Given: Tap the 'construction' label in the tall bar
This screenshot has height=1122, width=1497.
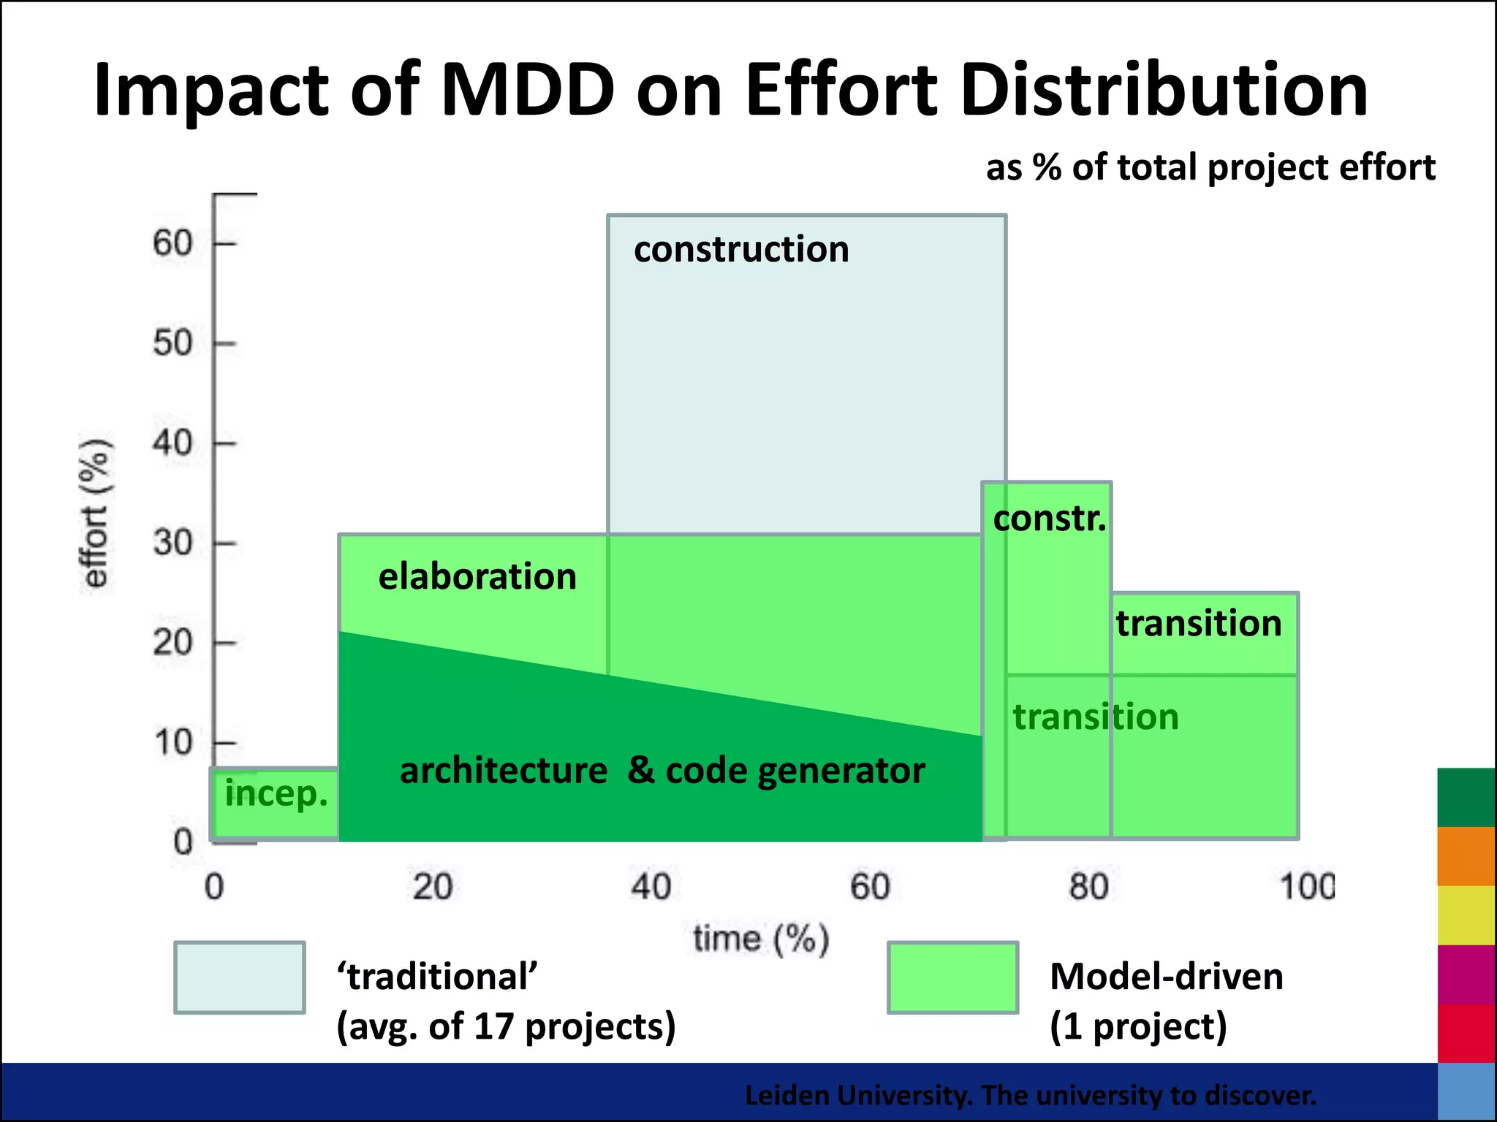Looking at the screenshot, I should [x=741, y=250].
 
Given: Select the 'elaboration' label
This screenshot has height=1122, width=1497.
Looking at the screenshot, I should [x=477, y=577].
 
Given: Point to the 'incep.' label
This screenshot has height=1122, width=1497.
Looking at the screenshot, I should [x=276, y=794].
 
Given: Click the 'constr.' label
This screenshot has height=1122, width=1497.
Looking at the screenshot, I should [x=1049, y=519].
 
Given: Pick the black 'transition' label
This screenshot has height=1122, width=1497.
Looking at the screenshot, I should [x=1199, y=624].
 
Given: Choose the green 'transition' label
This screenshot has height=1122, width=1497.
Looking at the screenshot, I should [x=1096, y=717].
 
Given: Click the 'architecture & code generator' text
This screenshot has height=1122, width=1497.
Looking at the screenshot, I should [x=662, y=771].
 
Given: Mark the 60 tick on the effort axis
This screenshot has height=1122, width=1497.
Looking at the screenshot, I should [x=173, y=243].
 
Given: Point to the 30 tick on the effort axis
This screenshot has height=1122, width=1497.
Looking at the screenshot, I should [x=173, y=543].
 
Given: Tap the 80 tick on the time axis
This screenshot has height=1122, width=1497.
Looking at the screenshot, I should [x=1088, y=888].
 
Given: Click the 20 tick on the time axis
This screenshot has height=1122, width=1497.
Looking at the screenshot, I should [x=433, y=888].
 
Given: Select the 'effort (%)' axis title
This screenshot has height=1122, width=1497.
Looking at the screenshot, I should [x=96, y=514].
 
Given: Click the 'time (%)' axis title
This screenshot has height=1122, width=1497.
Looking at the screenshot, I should [x=761, y=939].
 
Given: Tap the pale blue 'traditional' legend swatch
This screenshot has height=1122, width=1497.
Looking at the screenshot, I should [x=240, y=977].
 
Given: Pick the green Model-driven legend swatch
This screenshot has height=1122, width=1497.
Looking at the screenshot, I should [x=952, y=977].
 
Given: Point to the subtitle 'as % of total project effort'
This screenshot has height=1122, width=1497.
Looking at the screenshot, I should [x=1210, y=168].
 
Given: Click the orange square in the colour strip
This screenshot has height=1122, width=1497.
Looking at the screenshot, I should [x=1466, y=856].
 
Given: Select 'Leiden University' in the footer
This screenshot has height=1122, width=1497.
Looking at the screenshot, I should [x=858, y=1096].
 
